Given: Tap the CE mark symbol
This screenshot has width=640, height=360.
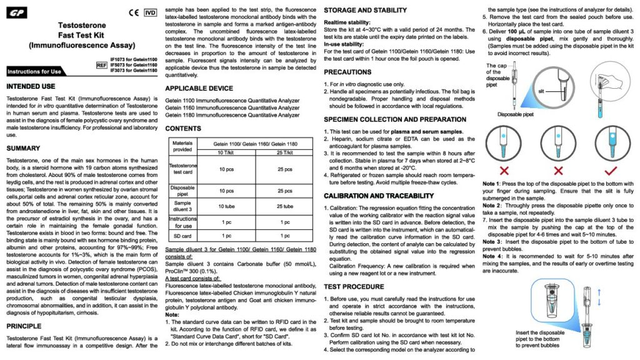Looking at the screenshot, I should click(x=133, y=12).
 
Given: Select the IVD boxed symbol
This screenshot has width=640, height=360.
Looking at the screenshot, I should click(x=150, y=12).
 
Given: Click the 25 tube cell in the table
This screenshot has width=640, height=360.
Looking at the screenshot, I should click(x=284, y=206).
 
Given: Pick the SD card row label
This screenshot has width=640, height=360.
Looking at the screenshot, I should click(x=182, y=236).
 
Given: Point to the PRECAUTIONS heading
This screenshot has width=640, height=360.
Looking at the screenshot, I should click(x=347, y=72).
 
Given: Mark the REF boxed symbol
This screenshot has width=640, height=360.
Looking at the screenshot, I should click(x=102, y=65).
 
